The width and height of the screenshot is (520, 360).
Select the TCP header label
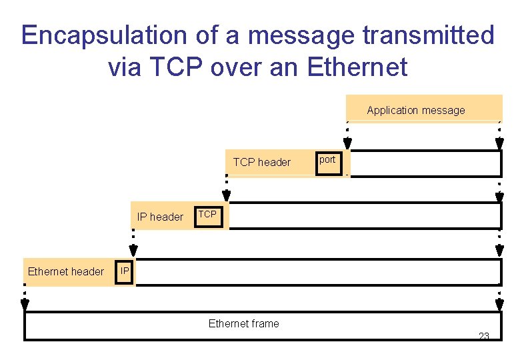(x=261, y=162)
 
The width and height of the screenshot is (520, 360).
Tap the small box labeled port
(x=327, y=161)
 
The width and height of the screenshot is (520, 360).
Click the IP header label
(x=160, y=217)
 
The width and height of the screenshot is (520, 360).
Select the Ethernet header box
(x=66, y=271)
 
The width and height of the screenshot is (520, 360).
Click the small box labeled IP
(x=124, y=271)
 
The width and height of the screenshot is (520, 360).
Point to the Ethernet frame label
(x=243, y=324)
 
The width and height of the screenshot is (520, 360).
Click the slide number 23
(x=484, y=336)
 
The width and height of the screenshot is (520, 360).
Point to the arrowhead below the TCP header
(x=227, y=195)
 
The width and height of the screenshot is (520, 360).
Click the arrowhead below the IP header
(x=133, y=251)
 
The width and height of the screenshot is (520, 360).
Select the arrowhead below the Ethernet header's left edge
(x=25, y=305)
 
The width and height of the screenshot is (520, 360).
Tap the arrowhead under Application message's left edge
(x=347, y=143)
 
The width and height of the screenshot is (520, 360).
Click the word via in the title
(x=124, y=67)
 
